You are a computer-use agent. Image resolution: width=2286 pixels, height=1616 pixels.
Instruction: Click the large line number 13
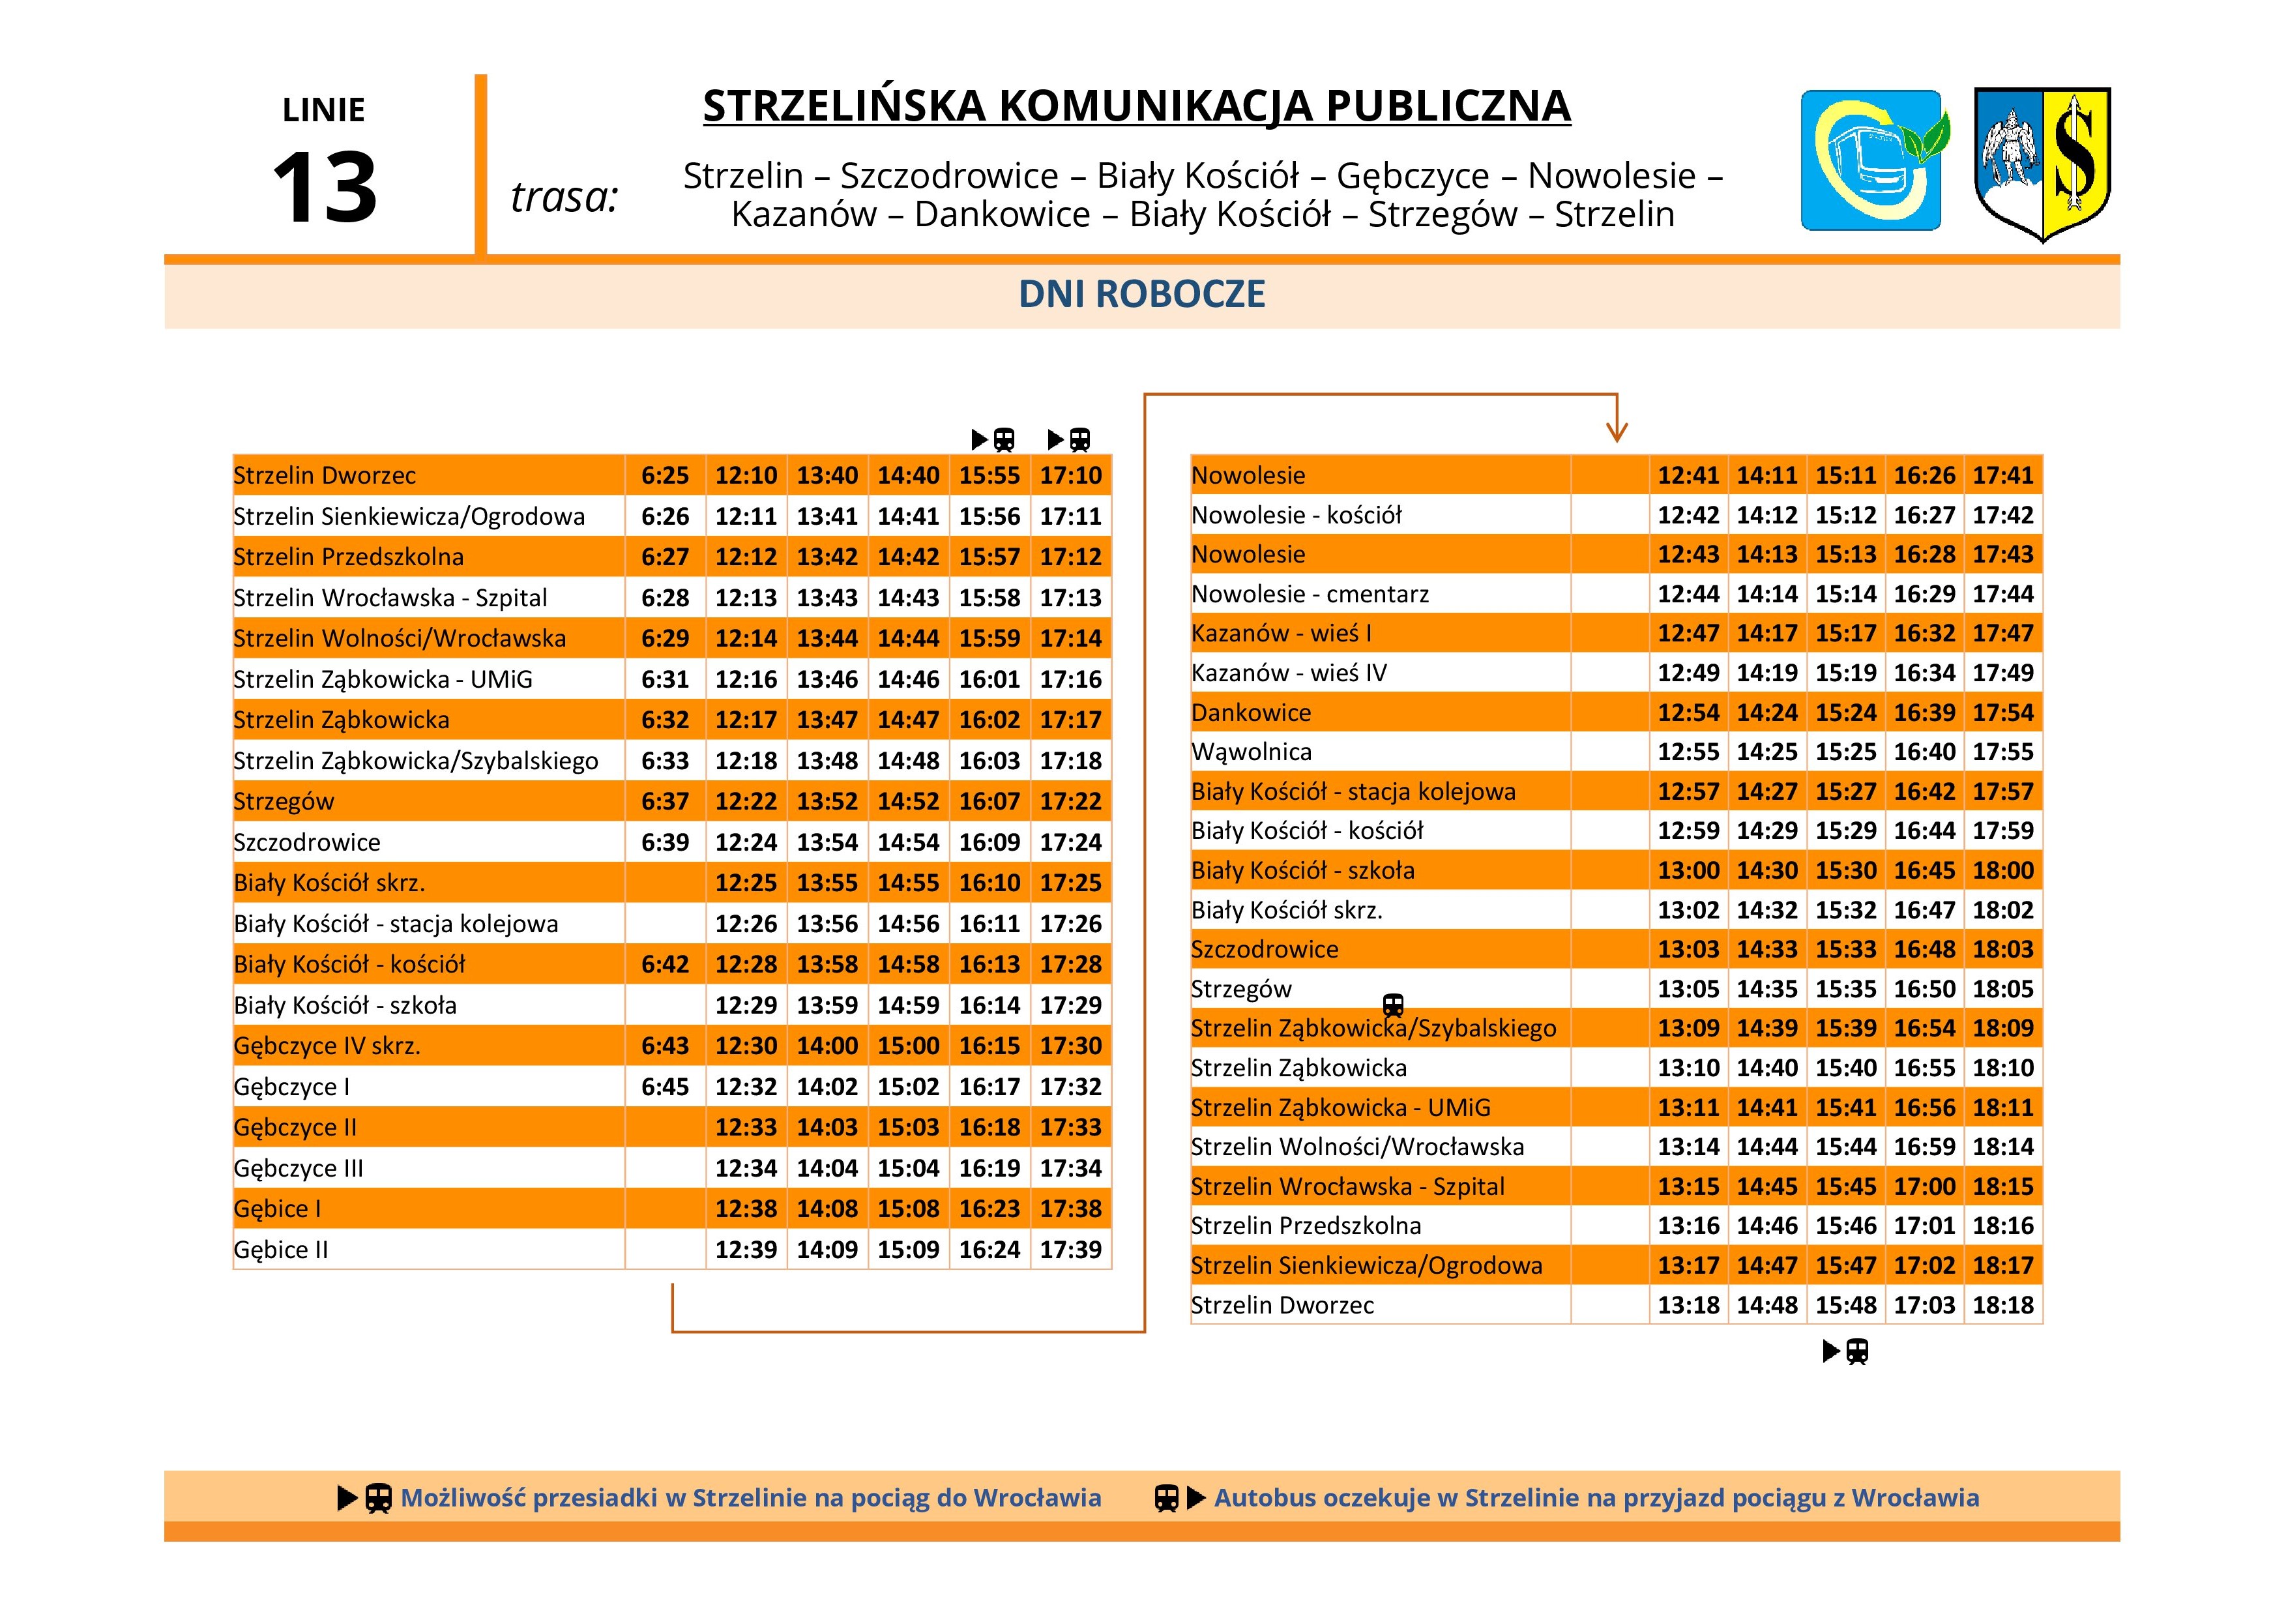pos(325,187)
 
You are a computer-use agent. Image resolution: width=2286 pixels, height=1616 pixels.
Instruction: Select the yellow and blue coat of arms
pos(2042,163)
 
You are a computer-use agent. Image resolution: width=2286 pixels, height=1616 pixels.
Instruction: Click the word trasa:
pos(564,197)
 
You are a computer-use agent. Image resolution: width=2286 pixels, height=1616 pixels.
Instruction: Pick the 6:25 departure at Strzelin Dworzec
pos(664,476)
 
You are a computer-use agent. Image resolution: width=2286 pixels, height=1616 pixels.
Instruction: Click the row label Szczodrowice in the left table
pos(306,842)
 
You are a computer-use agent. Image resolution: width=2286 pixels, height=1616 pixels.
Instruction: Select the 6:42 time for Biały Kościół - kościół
pos(664,965)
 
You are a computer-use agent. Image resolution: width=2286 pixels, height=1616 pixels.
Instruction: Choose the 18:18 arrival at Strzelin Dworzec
pos(2002,1305)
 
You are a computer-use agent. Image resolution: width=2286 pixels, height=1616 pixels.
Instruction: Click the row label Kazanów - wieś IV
pos(1289,673)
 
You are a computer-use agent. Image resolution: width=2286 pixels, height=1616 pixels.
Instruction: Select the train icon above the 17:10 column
pos(1080,439)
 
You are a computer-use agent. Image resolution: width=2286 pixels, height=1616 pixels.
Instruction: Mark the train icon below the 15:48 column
pos(1857,1351)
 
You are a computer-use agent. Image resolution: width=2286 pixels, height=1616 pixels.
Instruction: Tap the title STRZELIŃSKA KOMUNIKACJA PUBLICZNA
pos(1136,106)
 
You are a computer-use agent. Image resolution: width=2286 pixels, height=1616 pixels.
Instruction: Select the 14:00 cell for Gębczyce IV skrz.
pos(827,1046)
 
